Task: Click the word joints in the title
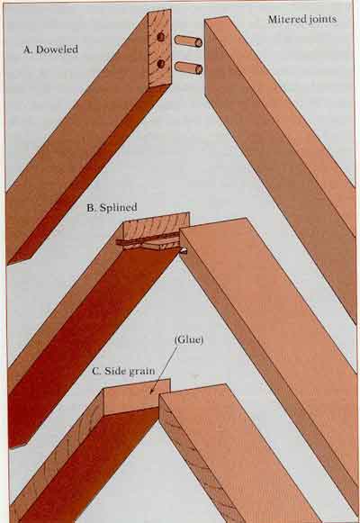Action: click(x=323, y=20)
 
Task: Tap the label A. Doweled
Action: click(x=50, y=50)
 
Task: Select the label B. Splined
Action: click(x=112, y=207)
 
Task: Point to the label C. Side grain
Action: click(x=123, y=371)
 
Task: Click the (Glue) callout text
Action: click(x=188, y=340)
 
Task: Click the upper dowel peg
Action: click(x=188, y=41)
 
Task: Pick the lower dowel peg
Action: click(x=188, y=68)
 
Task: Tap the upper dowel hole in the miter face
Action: click(x=161, y=37)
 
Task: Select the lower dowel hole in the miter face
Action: click(x=161, y=63)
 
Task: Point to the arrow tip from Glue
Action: click(x=150, y=394)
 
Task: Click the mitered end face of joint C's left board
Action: click(x=137, y=397)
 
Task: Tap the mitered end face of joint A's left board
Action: click(x=159, y=49)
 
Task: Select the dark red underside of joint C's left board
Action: click(x=86, y=467)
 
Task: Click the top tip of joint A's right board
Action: click(x=205, y=20)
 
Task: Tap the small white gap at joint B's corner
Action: click(x=183, y=251)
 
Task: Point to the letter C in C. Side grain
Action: click(x=95, y=371)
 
